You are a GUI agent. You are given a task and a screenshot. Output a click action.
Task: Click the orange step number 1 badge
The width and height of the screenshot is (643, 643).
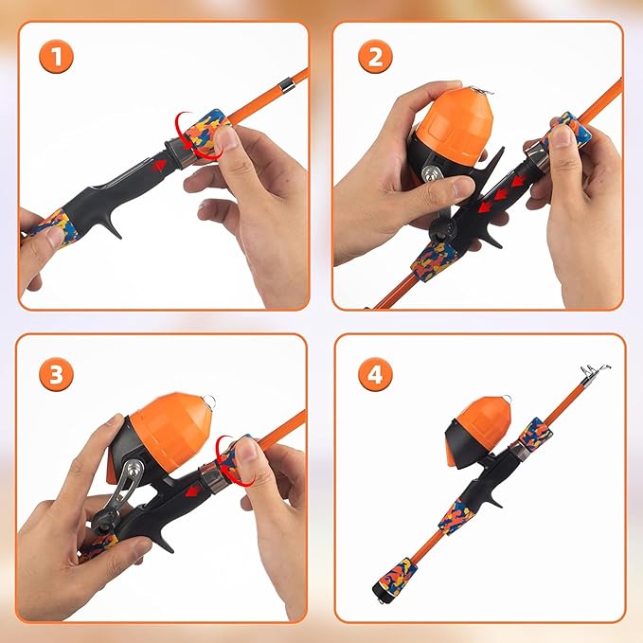tap(58, 58)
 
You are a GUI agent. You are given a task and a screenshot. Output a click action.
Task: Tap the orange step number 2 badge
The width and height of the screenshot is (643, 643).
tap(375, 58)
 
